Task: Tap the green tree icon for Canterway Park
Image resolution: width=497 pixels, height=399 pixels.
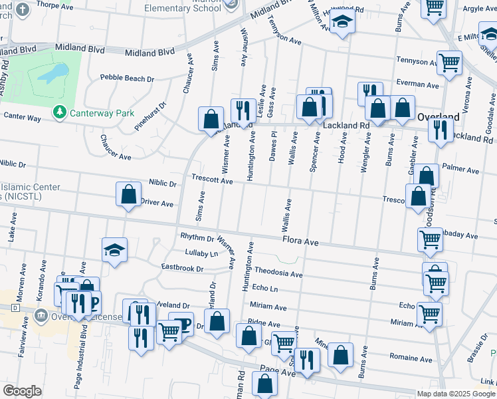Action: point(60,112)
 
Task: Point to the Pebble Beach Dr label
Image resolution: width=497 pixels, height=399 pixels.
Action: point(127,78)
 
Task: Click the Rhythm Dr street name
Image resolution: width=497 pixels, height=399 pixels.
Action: point(197,237)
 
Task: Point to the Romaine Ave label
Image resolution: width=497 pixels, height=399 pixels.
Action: point(411,358)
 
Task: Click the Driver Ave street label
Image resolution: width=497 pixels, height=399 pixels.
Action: point(156,203)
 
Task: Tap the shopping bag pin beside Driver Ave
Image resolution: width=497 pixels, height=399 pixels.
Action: point(129,195)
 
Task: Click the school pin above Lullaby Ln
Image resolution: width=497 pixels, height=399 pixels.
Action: point(114,251)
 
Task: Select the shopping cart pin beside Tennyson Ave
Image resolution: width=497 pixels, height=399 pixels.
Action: point(449,63)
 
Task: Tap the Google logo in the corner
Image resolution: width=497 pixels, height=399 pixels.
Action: point(23,391)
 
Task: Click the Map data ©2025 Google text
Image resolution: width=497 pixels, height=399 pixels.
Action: point(455,394)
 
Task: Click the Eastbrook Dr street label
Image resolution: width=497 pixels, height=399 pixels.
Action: point(182,268)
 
